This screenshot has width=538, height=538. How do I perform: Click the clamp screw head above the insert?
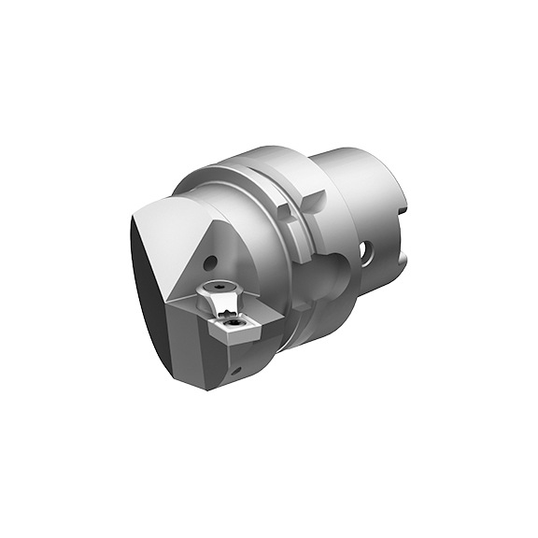(x=219, y=287)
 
